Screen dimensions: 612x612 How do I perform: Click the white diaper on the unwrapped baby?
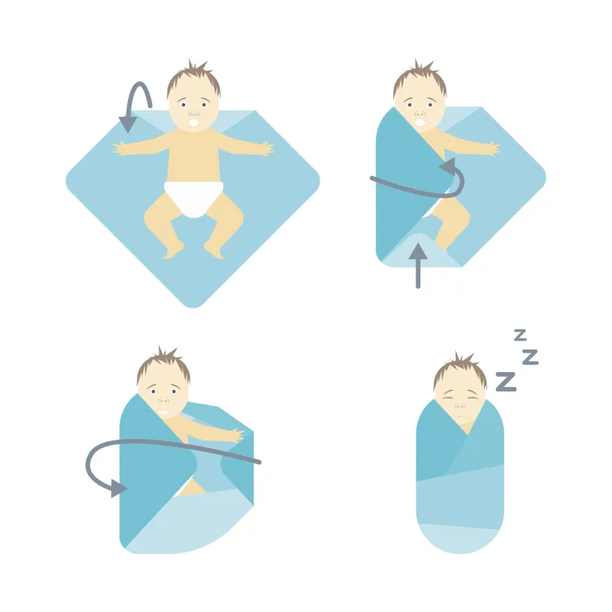(193, 198)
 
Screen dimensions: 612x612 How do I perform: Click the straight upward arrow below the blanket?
(418, 266)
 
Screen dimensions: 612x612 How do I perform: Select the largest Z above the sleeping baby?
(507, 382)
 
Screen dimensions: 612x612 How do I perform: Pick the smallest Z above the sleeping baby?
(520, 335)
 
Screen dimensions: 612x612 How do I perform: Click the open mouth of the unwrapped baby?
(194, 122)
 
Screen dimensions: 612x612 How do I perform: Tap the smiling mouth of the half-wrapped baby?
(164, 411)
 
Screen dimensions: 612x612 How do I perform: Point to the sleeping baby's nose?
(461, 407)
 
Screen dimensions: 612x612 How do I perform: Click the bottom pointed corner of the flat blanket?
(192, 307)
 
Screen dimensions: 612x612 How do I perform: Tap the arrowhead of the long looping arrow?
(118, 488)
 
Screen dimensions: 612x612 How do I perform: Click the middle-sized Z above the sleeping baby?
(531, 357)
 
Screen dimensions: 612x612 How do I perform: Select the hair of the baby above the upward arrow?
(420, 79)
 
